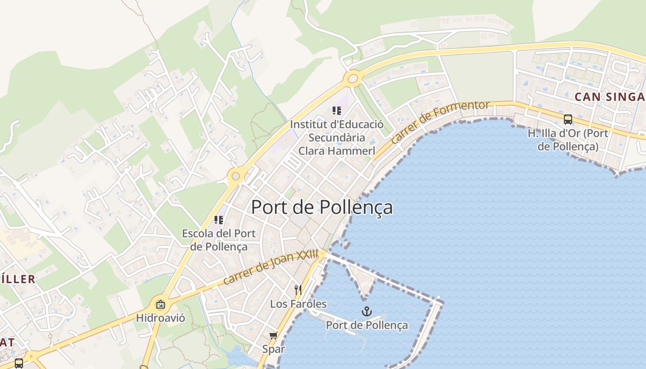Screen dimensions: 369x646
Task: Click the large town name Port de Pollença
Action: click(x=322, y=208)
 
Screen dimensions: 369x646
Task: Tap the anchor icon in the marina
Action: click(x=366, y=311)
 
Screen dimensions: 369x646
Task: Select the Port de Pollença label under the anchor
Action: click(x=367, y=325)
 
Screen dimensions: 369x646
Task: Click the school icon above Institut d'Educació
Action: click(x=337, y=111)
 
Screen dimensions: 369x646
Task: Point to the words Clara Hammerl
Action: click(x=336, y=151)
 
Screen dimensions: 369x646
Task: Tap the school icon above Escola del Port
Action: click(x=219, y=220)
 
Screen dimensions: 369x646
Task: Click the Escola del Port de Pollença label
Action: click(x=219, y=240)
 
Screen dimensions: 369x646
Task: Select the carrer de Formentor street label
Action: click(x=439, y=121)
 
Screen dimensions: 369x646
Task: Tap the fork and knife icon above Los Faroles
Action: click(x=298, y=290)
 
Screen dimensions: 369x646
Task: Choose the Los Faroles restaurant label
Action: click(x=298, y=304)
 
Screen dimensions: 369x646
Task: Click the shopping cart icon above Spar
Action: click(x=273, y=335)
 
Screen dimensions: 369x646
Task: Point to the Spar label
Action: click(x=274, y=349)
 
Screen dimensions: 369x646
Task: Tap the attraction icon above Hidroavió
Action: click(x=160, y=304)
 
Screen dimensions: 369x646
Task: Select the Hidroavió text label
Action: click(x=160, y=318)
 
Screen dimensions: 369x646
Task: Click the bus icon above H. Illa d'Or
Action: click(x=568, y=119)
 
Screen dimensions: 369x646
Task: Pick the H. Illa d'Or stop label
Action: click(x=568, y=140)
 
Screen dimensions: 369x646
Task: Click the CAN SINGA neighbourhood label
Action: click(x=609, y=97)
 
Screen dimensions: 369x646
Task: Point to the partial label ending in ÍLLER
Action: click(x=18, y=279)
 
